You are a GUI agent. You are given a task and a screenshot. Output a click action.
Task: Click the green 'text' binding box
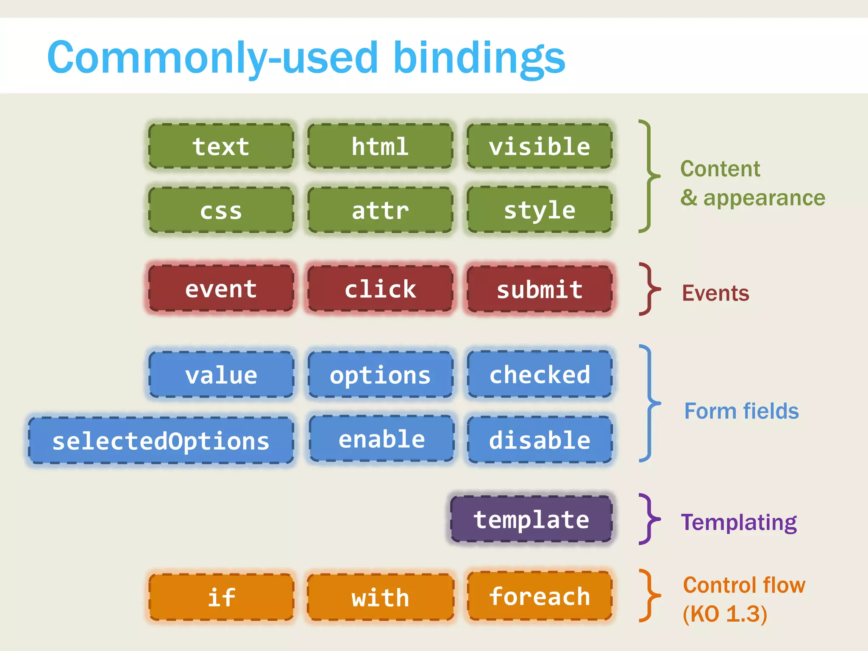(221, 147)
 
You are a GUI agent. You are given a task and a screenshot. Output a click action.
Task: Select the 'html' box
(380, 147)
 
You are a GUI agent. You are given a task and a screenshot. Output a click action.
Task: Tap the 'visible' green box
(540, 147)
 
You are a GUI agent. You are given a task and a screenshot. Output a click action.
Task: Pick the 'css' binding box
(221, 211)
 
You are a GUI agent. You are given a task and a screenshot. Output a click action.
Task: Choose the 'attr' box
(380, 211)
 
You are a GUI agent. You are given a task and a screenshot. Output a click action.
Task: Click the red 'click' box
(380, 289)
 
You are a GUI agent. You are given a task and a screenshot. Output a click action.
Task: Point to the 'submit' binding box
(540, 289)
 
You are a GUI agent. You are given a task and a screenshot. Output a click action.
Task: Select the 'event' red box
(221, 289)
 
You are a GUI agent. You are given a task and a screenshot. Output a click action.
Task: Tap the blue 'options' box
(380, 375)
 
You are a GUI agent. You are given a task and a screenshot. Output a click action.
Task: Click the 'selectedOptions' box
(161, 441)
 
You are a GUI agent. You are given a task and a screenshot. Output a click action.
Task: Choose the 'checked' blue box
(540, 375)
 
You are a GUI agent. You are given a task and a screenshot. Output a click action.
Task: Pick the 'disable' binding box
(540, 440)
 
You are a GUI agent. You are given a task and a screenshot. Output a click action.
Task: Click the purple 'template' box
(531, 519)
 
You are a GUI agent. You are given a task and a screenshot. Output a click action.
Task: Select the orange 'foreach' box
(540, 596)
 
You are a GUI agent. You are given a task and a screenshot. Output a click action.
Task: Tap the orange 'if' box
(221, 598)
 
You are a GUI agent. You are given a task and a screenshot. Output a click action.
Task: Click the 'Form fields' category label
(741, 411)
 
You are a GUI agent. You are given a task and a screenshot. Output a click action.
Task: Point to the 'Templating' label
(739, 522)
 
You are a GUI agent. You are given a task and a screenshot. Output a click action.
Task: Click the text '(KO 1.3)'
(725, 614)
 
